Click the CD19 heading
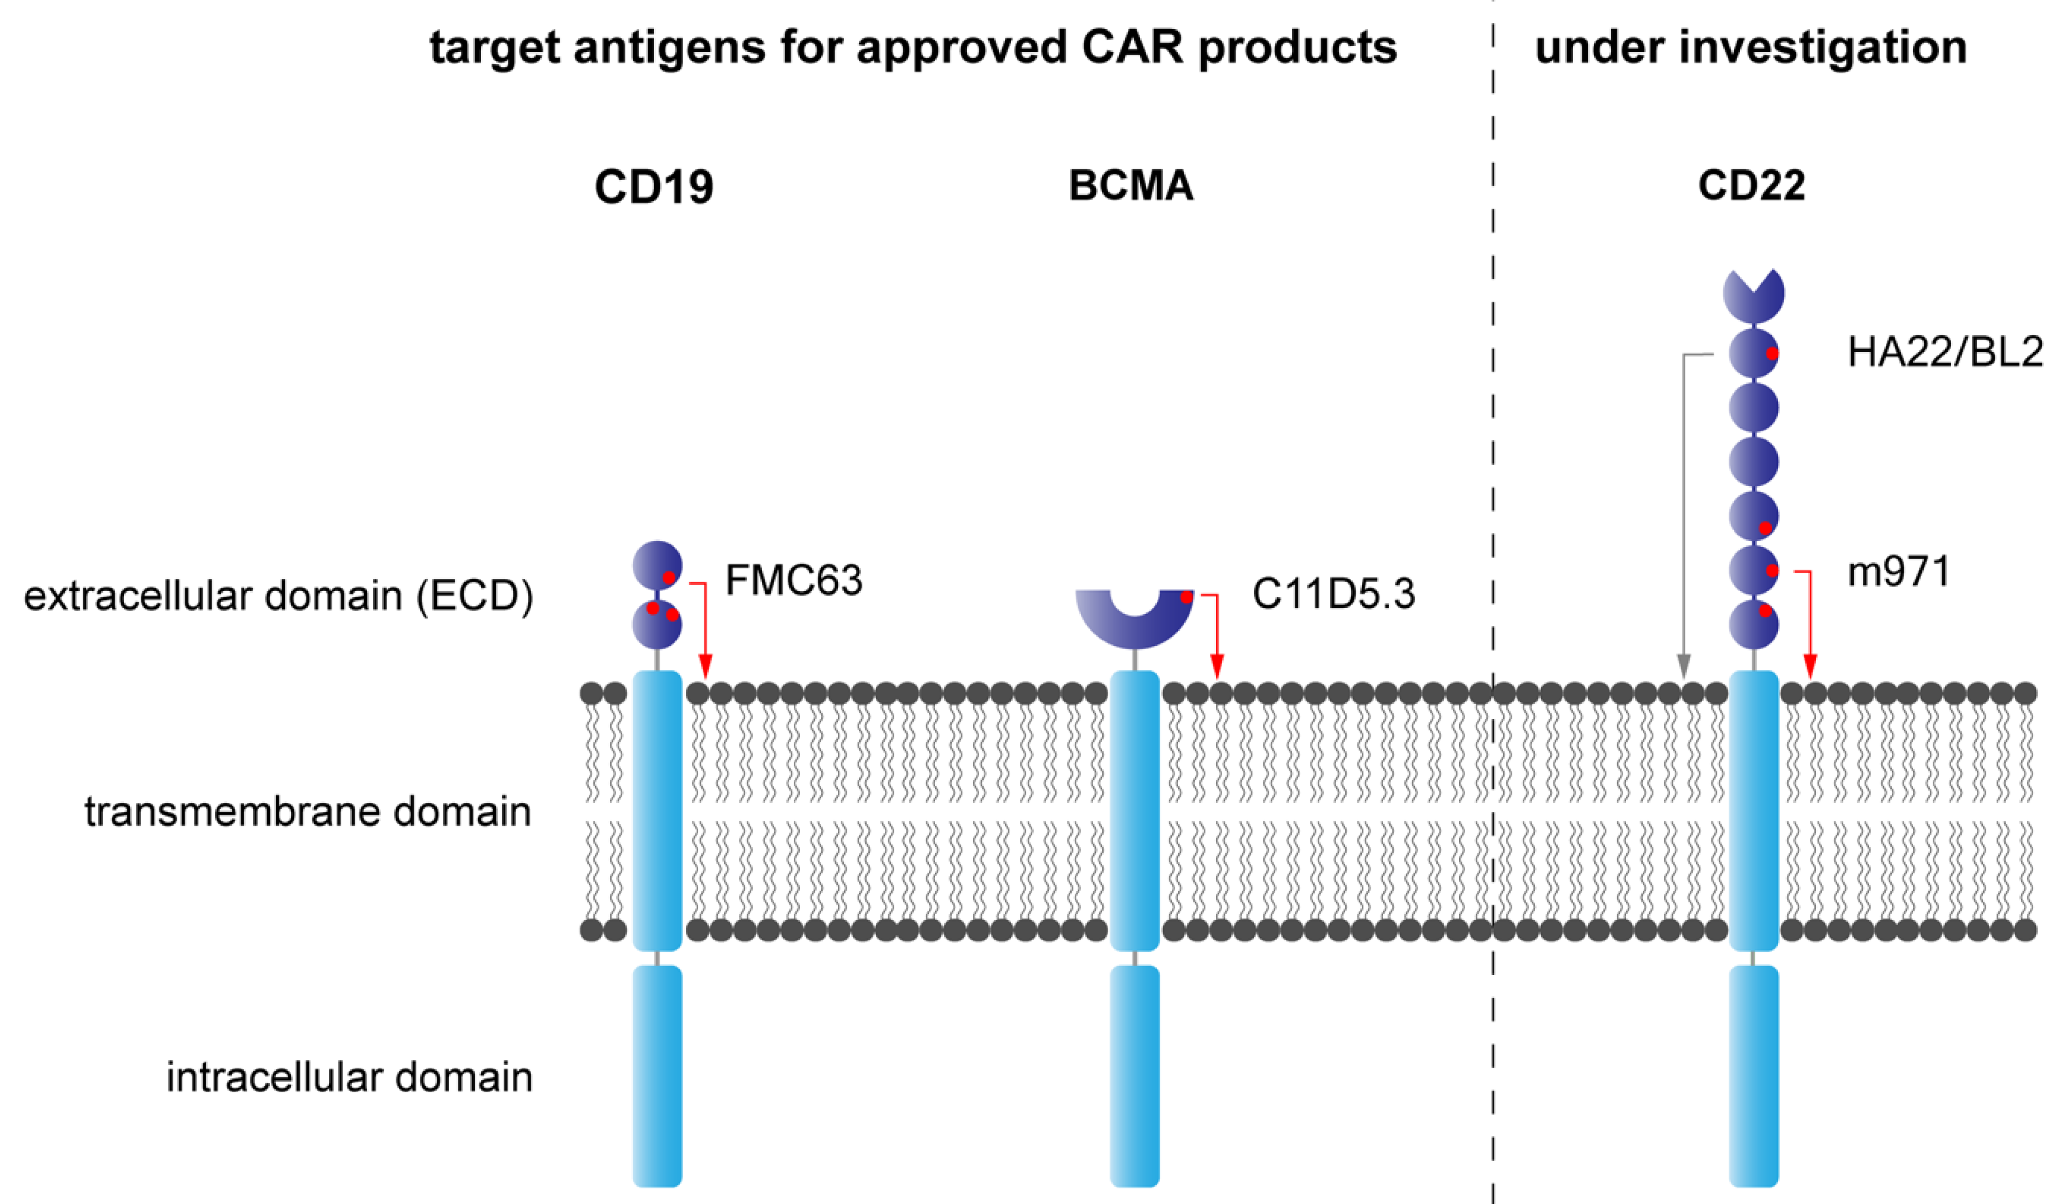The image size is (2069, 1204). (x=654, y=187)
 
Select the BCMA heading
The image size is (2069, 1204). (x=1131, y=185)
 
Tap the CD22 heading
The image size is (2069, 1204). (x=1751, y=185)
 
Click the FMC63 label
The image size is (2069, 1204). (x=794, y=580)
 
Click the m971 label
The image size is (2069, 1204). (x=1898, y=572)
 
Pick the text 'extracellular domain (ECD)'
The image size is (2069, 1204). (x=278, y=596)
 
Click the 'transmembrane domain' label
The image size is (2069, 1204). (x=308, y=811)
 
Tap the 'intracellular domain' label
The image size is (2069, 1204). (x=350, y=1077)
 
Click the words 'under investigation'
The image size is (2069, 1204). (x=1751, y=47)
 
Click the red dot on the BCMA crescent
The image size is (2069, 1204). (x=1186, y=597)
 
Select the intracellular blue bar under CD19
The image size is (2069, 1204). (x=657, y=1076)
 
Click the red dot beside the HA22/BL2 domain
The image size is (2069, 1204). (x=1772, y=353)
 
